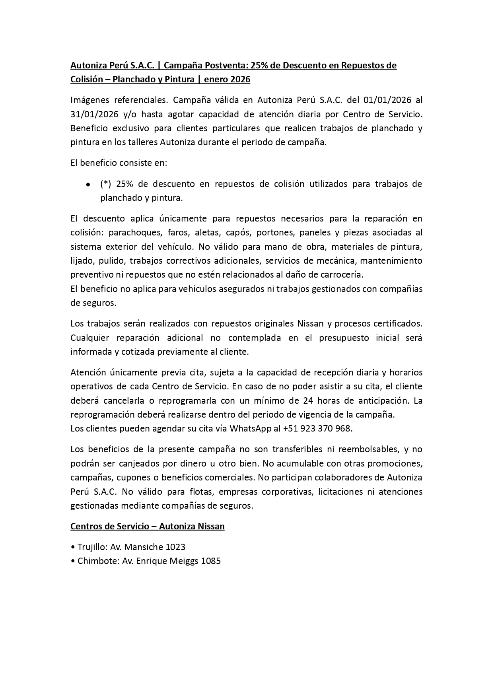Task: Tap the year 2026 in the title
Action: click(x=240, y=80)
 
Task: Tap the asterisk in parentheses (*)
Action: click(x=106, y=184)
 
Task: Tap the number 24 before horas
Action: click(x=307, y=400)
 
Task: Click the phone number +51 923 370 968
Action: click(x=317, y=428)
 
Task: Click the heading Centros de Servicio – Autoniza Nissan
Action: click(x=148, y=526)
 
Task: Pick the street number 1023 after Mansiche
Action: click(x=175, y=547)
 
